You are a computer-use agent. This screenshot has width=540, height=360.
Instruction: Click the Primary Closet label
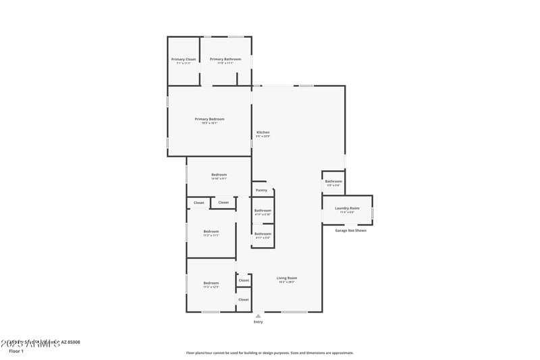point(186,59)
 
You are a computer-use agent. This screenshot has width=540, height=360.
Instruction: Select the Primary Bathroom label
point(225,59)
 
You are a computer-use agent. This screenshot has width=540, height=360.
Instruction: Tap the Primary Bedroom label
point(209,119)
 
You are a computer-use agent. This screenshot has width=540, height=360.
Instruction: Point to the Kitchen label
point(263,132)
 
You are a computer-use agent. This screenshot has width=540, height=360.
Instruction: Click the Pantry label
point(261,190)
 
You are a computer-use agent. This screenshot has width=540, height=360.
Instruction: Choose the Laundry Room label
point(347,208)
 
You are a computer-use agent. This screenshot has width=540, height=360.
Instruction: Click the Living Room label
point(287,278)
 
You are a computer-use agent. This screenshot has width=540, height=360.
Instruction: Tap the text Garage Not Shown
point(351,230)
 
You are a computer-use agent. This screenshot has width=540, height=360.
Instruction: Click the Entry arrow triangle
point(258,315)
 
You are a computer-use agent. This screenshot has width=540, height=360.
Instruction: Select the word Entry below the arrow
point(258,322)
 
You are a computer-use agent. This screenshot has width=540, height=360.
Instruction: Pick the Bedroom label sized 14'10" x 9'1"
point(219,175)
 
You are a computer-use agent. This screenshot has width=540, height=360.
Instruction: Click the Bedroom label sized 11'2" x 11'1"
point(211,231)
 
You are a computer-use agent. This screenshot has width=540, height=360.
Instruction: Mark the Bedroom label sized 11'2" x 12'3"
point(211,283)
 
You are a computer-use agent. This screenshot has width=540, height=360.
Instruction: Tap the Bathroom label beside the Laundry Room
point(333,181)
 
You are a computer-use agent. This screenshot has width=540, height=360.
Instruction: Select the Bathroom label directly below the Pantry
point(263,210)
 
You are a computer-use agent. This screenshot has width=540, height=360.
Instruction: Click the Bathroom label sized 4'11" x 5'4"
point(263,234)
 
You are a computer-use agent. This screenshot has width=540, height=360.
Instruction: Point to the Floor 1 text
point(16,351)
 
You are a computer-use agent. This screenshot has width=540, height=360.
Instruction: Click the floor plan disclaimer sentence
point(269,353)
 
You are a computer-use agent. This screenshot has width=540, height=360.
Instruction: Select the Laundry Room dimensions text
point(347,212)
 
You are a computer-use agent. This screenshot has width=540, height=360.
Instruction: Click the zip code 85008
point(72,342)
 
